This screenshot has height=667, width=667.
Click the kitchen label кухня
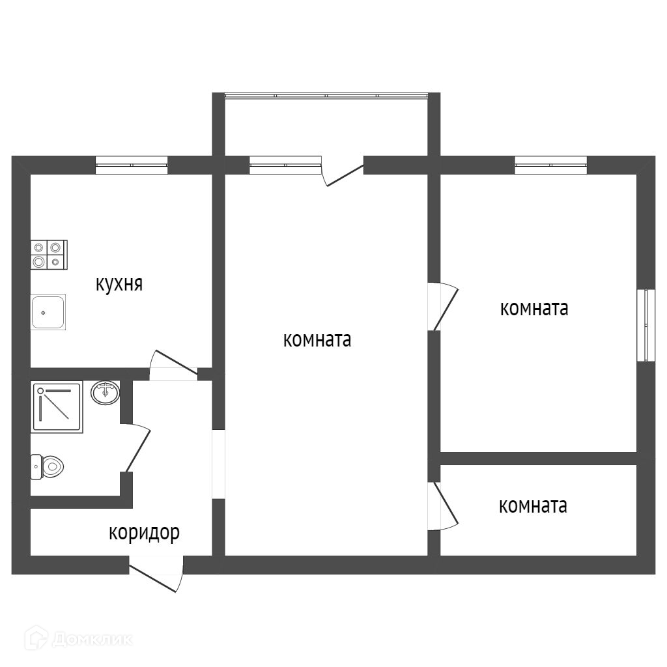click(x=119, y=284)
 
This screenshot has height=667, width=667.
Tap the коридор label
click(x=144, y=533)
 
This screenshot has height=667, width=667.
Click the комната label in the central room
click(x=317, y=340)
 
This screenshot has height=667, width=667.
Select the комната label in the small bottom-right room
click(x=533, y=505)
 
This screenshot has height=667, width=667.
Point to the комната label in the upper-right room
click(x=534, y=308)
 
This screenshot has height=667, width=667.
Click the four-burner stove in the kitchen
click(x=49, y=255)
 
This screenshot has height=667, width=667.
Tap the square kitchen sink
click(x=48, y=312)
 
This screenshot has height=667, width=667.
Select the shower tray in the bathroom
click(x=57, y=408)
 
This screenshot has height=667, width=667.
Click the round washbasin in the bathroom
click(x=105, y=393)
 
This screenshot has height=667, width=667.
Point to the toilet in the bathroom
click(x=47, y=466)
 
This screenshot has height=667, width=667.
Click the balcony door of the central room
click(x=342, y=171)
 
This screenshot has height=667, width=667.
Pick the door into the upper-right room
click(x=444, y=306)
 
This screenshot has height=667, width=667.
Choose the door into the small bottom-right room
click(x=444, y=505)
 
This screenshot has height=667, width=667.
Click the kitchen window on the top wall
click(x=132, y=165)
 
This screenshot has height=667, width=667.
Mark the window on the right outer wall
click(x=646, y=326)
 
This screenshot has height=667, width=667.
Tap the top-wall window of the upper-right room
click(x=551, y=165)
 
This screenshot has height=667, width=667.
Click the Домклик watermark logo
click(x=78, y=639)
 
